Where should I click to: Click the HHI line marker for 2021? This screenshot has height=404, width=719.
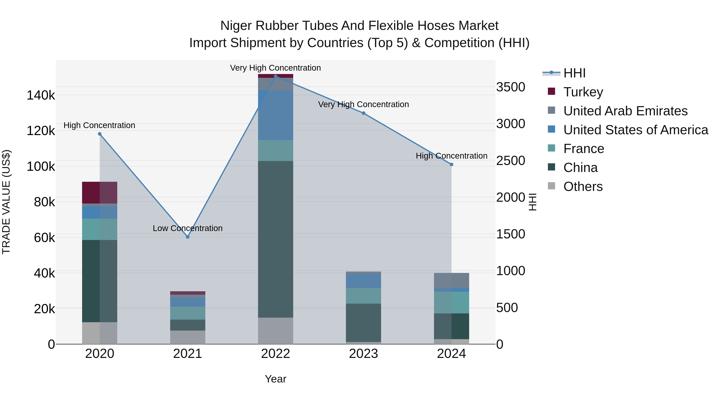(188, 237)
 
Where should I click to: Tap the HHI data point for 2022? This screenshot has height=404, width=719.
(275, 76)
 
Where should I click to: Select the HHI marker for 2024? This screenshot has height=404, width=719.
(451, 165)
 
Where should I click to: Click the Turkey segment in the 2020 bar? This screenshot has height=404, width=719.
(100, 192)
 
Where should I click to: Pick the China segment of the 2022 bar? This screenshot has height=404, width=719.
(275, 239)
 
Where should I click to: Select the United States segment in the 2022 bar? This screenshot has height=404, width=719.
(275, 115)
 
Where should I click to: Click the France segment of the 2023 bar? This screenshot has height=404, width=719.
(363, 296)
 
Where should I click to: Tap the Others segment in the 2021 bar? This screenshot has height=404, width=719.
(188, 337)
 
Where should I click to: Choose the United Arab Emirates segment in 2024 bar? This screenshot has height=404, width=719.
(451, 281)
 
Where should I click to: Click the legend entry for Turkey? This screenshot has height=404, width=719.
(583, 92)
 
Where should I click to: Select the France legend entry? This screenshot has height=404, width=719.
(583, 149)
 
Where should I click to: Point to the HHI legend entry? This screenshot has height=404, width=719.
(574, 73)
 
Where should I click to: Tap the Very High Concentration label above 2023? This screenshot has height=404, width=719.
(363, 104)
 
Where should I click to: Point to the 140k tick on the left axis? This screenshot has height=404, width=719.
(41, 95)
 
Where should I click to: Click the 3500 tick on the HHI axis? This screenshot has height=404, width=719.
(510, 87)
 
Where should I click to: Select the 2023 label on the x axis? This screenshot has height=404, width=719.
(363, 354)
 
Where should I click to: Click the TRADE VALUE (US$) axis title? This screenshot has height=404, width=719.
(6, 202)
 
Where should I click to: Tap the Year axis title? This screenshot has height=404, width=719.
(275, 379)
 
